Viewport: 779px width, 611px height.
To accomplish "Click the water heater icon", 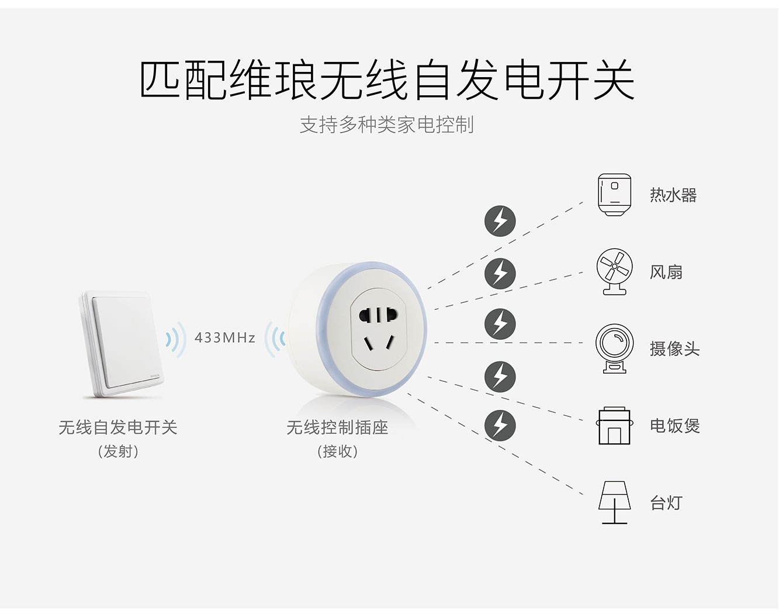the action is click(614, 195).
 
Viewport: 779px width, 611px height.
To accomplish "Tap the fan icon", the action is click(614, 272).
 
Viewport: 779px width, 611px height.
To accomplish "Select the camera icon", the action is click(614, 348).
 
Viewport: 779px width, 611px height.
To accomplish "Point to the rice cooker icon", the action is click(614, 426).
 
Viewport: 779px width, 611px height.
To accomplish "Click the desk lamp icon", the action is click(614, 502).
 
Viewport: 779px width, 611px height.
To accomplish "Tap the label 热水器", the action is click(673, 195).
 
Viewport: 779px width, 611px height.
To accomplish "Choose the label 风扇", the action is click(666, 272).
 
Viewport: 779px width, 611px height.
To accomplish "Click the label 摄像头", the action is click(674, 349).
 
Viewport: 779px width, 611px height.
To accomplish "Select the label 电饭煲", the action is click(674, 426).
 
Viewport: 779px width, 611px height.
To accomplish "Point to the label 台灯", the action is click(666, 503).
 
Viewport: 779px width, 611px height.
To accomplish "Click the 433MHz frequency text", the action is click(225, 338).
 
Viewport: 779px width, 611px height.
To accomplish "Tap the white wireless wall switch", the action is click(121, 344).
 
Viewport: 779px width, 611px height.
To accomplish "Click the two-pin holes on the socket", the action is click(378, 315).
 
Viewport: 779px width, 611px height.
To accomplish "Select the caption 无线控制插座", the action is click(337, 427).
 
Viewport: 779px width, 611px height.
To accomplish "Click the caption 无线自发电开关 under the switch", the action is click(118, 427).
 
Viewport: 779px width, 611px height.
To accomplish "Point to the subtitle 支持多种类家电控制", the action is click(387, 125).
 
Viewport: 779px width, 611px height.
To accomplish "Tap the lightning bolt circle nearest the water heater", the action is click(500, 221).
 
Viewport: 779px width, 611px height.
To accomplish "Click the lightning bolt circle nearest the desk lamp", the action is click(500, 426).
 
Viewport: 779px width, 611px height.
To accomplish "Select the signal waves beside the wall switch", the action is click(176, 339).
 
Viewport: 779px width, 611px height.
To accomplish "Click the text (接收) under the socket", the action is click(337, 451).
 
